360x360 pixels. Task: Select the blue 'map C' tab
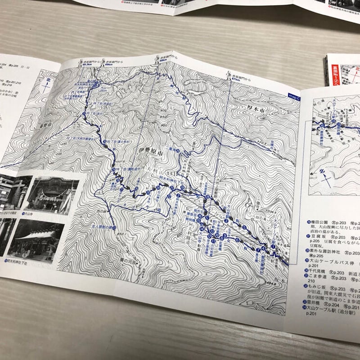294,95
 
